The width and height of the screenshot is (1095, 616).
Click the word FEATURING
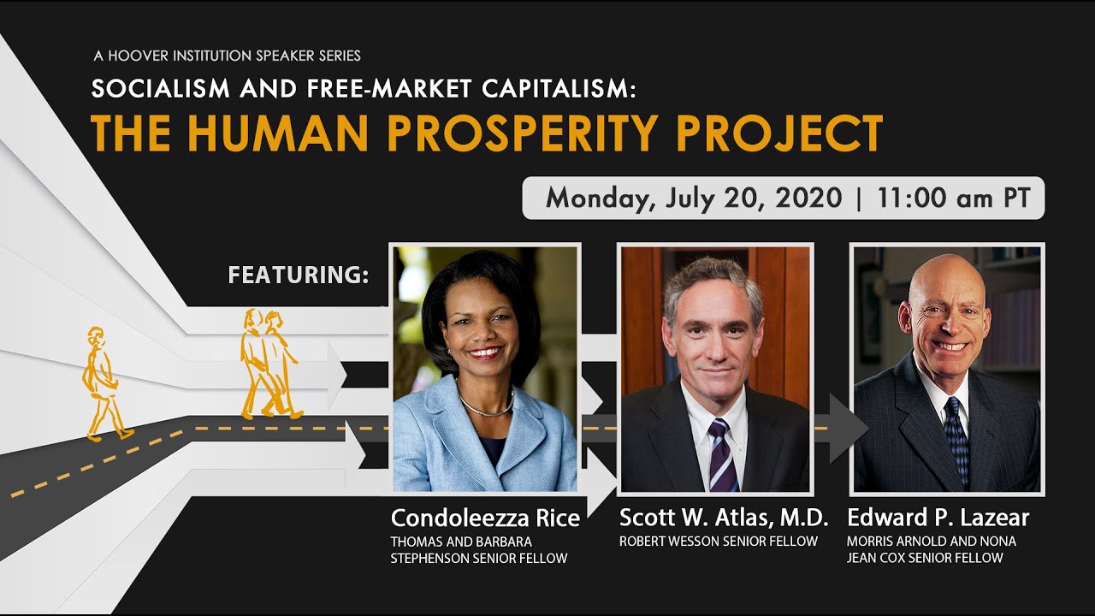(298, 275)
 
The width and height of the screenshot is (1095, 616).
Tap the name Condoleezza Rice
(485, 518)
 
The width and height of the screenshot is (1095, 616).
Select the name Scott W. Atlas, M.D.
(724, 518)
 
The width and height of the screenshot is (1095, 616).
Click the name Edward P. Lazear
(938, 518)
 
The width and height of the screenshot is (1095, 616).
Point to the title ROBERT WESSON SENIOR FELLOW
(718, 541)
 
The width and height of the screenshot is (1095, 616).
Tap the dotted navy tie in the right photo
(956, 441)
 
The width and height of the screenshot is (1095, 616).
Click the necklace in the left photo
(486, 406)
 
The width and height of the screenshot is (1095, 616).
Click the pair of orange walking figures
(268, 364)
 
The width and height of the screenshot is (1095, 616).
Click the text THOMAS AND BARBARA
(461, 542)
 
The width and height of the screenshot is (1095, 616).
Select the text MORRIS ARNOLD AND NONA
(931, 542)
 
